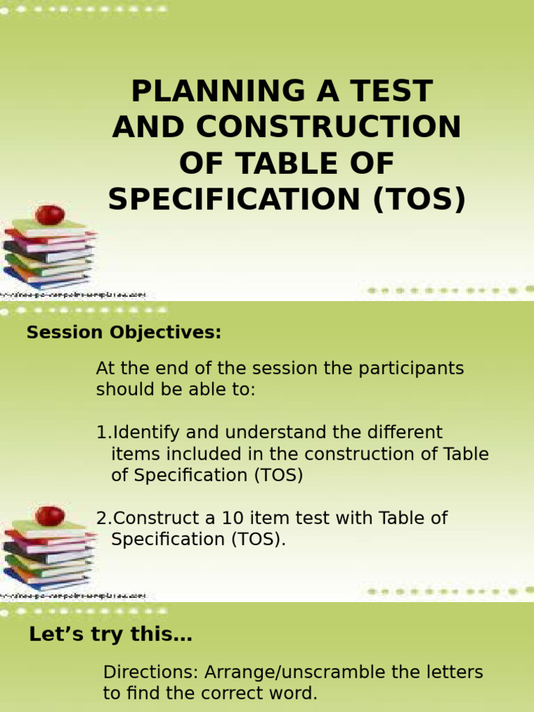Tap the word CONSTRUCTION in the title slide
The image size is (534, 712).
[329, 128]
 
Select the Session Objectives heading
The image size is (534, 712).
[124, 333]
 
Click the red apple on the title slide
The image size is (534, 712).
[50, 214]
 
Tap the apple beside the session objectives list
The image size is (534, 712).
[50, 516]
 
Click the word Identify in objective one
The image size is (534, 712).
[145, 432]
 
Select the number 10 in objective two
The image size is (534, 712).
[232, 518]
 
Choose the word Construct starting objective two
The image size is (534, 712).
[154, 518]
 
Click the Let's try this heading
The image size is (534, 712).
[111, 634]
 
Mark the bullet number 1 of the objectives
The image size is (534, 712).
[102, 432]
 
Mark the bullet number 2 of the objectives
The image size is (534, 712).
[103, 518]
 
